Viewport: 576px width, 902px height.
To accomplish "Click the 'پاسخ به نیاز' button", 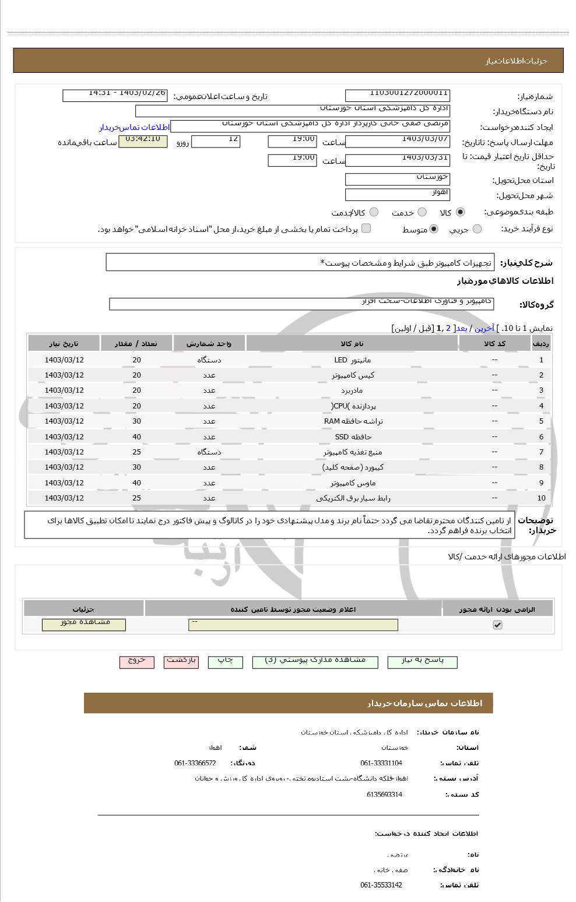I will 422,662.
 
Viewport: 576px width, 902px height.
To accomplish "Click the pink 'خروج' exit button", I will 136,662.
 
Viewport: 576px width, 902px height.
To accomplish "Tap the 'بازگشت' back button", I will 181,662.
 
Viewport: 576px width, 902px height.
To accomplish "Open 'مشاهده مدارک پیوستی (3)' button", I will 315,662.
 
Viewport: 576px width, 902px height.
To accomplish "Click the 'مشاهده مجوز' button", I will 84,625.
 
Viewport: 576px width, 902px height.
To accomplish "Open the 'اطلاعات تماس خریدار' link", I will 134,127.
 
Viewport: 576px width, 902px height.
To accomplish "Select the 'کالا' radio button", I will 461,212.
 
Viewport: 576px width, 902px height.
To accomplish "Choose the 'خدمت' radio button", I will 422,212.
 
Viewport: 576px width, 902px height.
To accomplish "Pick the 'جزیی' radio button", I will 477,229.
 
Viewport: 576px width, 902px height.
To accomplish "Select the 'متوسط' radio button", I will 433,229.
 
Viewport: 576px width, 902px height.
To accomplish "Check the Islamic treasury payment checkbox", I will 366,228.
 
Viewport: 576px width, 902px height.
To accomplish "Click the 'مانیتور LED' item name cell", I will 352,360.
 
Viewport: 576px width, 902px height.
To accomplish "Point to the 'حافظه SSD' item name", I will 352,437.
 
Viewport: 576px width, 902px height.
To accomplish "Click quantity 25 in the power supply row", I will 136,452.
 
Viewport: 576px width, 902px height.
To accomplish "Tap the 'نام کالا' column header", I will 352,344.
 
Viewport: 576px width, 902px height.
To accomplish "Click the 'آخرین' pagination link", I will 484,328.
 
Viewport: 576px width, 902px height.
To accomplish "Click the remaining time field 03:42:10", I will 143,142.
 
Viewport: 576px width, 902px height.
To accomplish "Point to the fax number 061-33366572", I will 195,763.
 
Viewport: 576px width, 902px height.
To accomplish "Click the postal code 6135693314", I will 384,794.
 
